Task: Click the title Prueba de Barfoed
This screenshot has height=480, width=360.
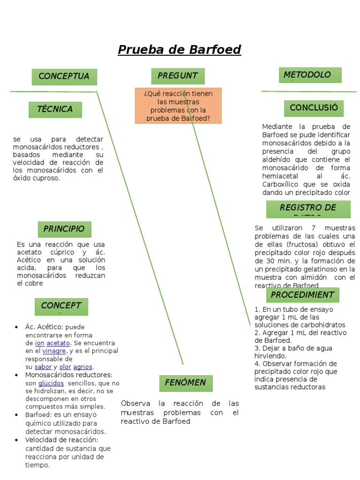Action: click(179, 50)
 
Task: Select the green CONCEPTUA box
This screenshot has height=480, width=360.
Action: click(64, 77)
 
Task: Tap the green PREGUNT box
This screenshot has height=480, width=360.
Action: click(178, 76)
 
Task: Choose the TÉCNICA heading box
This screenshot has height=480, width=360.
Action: click(55, 110)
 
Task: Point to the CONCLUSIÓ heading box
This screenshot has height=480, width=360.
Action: click(314, 108)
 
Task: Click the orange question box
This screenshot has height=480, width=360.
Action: click(178, 105)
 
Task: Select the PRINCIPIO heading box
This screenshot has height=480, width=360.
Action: click(64, 229)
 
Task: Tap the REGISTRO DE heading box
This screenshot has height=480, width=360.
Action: click(308, 209)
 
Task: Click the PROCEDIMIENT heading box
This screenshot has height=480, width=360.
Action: click(302, 295)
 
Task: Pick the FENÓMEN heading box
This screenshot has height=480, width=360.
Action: click(186, 383)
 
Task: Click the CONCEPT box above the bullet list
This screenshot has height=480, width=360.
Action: click(61, 307)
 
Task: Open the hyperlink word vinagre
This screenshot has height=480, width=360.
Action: click(54, 351)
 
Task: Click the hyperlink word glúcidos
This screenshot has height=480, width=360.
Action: click(51, 383)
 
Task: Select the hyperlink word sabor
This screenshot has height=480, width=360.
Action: click(43, 367)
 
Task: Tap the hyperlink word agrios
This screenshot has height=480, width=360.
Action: click(83, 367)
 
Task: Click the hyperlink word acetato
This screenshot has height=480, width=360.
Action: click(58, 343)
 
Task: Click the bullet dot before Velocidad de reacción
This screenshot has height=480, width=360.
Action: click(16, 440)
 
